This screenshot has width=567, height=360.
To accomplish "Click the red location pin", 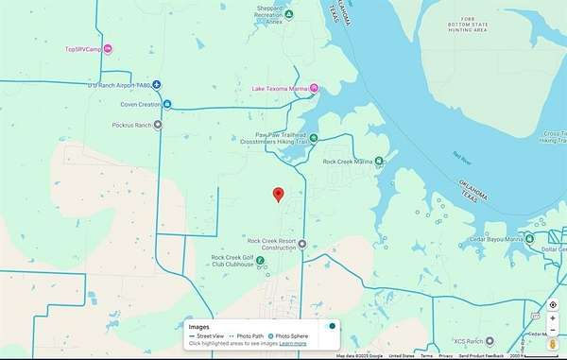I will point(278,195).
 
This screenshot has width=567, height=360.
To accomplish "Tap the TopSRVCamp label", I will point(82,49).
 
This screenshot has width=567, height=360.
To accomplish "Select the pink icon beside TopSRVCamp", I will point(108,49).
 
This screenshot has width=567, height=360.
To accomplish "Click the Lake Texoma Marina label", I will point(280,90).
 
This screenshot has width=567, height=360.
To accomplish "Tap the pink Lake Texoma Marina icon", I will point(315,90).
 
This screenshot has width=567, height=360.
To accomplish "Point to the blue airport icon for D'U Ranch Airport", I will point(157,84).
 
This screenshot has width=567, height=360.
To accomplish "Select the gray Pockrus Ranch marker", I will point(157,124).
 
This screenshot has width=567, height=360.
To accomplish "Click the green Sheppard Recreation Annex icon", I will point(289,14).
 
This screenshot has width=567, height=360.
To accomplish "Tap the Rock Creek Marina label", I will point(347,162).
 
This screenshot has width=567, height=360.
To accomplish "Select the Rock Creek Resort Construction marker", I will point(301,243).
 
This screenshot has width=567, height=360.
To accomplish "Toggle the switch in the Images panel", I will point(329,326).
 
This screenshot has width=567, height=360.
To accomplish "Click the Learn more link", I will point(293,343).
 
